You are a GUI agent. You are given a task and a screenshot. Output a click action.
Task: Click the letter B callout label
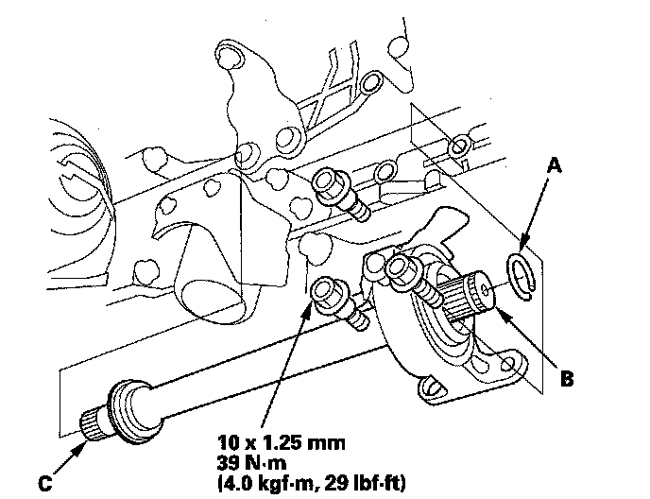(x=567, y=378)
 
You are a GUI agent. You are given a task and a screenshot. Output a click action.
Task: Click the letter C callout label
(x=44, y=483)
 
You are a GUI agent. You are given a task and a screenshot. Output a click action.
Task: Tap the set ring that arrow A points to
(x=522, y=275)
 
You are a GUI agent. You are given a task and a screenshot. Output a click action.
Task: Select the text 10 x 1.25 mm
(x=281, y=443)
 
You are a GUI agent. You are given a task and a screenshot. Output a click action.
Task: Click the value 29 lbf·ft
(x=365, y=483)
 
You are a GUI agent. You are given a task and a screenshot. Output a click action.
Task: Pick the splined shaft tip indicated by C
(x=91, y=425)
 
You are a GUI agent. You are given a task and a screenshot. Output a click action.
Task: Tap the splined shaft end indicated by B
(x=480, y=292)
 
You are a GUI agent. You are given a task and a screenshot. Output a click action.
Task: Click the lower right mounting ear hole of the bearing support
(x=506, y=366)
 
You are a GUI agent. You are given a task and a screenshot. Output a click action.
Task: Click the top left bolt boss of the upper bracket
(x=230, y=54)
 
